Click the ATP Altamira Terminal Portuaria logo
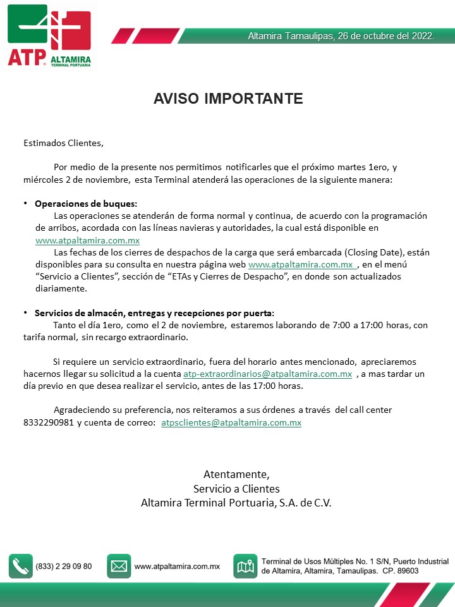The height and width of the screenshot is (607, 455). click(x=49, y=35)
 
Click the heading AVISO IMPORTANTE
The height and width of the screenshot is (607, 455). click(x=228, y=99)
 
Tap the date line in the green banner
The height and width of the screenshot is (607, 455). click(x=341, y=36)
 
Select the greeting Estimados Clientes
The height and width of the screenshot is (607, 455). click(x=63, y=143)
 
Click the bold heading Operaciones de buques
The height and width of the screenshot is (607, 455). click(x=86, y=204)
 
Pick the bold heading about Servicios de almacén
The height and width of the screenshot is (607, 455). click(x=155, y=313)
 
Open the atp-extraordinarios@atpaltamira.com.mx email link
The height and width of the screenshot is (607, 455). click(x=267, y=374)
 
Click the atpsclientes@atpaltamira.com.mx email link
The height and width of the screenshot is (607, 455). click(x=231, y=422)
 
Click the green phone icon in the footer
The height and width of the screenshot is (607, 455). click(x=20, y=567)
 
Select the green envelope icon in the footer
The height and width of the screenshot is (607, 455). click(x=119, y=567)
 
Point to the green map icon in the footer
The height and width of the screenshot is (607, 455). click(x=245, y=567)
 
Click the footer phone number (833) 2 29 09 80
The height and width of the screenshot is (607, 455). click(x=64, y=567)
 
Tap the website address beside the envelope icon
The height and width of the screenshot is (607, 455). click(x=177, y=567)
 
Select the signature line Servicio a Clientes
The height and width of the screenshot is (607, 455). click(x=236, y=489)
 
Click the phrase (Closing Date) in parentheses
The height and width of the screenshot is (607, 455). click(x=373, y=252)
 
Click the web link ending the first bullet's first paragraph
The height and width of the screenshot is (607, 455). click(x=87, y=240)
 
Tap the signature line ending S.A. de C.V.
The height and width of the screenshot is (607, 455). click(x=236, y=503)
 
